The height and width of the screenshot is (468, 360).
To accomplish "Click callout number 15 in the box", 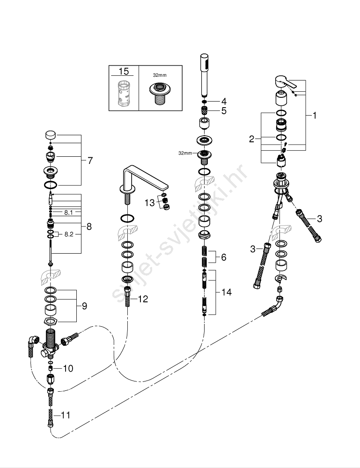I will click(123, 72).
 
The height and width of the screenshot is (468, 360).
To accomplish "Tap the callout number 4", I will click(224, 101).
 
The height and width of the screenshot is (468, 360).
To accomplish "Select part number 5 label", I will click(224, 110).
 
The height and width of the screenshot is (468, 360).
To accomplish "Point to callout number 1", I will click(315, 115).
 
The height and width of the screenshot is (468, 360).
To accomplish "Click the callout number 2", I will click(251, 139).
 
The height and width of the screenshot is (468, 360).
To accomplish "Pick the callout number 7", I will click(90, 160).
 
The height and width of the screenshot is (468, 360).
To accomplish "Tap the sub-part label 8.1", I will click(68, 212).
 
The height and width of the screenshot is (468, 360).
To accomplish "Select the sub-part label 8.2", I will click(68, 234).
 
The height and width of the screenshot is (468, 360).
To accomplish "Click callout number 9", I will click(84, 306).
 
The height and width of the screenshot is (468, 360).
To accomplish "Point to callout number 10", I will click(68, 368).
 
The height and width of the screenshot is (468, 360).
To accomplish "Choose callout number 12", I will click(143, 299).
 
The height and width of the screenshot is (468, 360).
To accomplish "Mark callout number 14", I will click(227, 292).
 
